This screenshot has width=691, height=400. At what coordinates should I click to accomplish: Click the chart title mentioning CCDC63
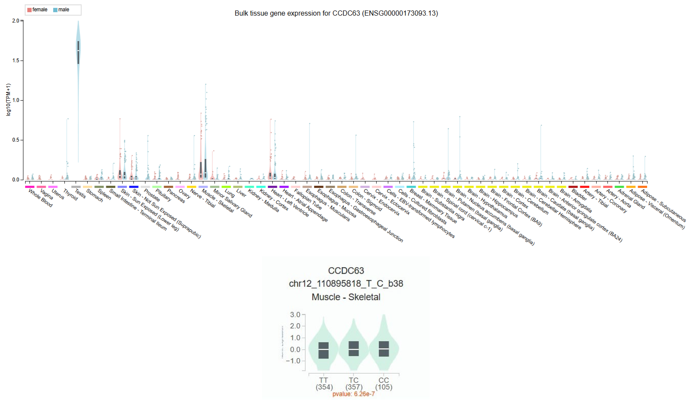coord(336,13)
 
